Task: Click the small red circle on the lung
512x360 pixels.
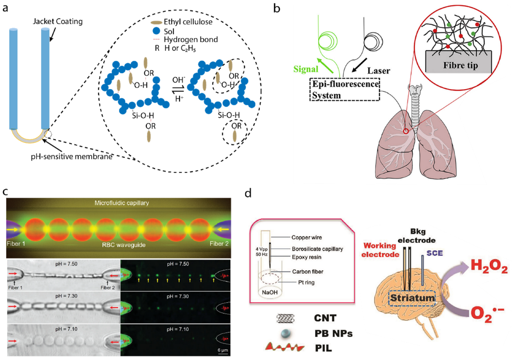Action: click(x=405, y=131)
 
